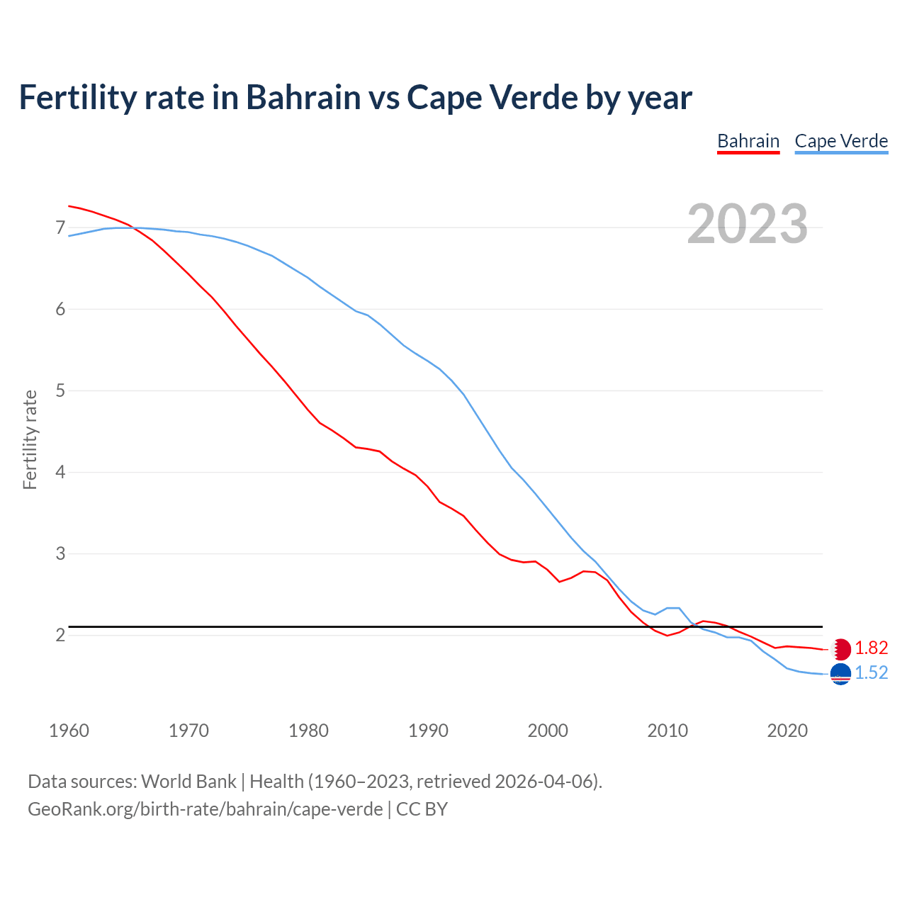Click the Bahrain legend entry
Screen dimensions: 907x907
coord(748,141)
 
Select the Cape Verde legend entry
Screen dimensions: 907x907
coord(841,141)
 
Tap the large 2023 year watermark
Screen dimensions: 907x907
coord(748,224)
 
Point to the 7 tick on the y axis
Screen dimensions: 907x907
coord(60,227)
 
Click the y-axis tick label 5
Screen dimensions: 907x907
coord(60,390)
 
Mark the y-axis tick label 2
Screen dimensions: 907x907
coord(60,635)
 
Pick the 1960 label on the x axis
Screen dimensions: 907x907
coord(69,731)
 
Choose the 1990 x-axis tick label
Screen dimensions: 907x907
coord(428,731)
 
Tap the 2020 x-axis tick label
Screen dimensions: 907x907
coord(787,731)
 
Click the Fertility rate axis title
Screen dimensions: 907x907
coord(30,439)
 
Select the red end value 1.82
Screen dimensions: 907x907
coord(871,648)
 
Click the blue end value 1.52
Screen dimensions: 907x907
coord(871,673)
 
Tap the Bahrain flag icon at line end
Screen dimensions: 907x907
coord(840,649)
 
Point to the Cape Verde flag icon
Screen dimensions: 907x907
coord(840,675)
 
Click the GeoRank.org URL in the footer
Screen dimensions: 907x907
coord(205,809)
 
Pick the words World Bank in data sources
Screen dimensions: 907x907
coord(188,781)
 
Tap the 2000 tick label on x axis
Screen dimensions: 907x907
coord(548,731)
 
